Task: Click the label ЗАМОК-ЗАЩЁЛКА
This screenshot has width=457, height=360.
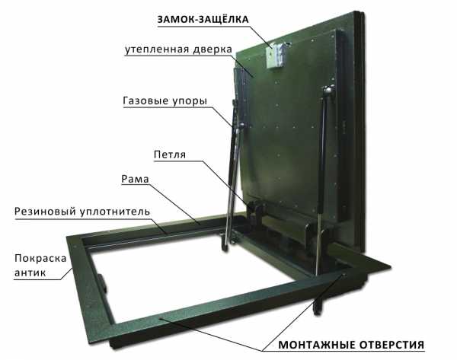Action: [x=203, y=19]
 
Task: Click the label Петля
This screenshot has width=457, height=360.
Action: [x=170, y=155]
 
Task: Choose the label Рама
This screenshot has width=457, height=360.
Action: [x=135, y=179]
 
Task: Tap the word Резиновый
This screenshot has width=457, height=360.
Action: [x=45, y=212]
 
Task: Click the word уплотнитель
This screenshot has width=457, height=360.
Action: [x=115, y=212]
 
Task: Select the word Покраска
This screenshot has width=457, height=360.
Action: [x=40, y=258]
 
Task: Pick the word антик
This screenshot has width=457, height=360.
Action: [x=30, y=273]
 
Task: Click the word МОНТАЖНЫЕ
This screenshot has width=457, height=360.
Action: [x=317, y=345]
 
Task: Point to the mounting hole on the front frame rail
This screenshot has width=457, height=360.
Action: [x=161, y=319]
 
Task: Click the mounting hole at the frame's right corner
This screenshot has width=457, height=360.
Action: [x=344, y=275]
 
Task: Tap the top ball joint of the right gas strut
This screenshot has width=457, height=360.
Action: [x=328, y=89]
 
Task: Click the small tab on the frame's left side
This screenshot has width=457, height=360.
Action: [x=103, y=283]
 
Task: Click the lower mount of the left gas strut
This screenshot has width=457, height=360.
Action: [x=225, y=241]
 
